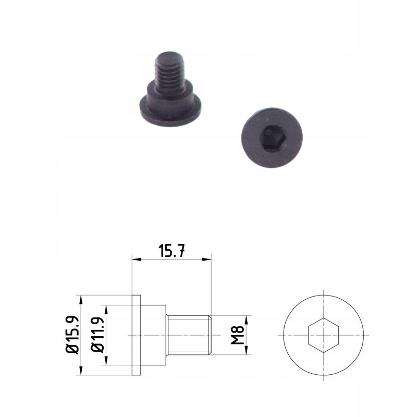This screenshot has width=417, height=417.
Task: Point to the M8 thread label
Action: (238, 335)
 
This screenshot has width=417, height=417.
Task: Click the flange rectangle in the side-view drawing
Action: (137, 335)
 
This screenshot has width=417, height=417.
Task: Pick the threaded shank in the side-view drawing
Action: (189, 335)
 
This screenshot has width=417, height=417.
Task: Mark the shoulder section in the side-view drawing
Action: (154, 335)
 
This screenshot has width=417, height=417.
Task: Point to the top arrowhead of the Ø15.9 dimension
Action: (81, 299)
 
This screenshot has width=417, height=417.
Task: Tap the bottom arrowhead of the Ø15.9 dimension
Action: (81, 371)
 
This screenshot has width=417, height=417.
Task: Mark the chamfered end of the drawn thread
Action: (210, 335)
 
